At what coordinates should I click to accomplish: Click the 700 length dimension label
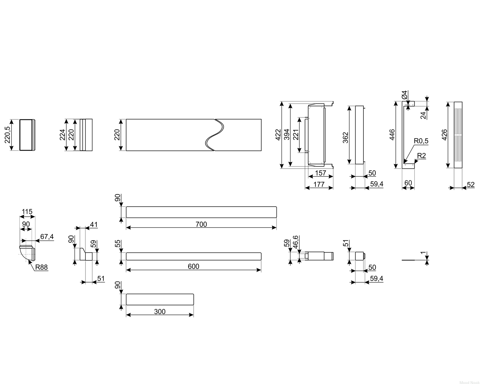tap(201, 224)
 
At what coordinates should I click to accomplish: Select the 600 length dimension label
tap(193, 266)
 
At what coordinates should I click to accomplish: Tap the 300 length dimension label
tap(160, 311)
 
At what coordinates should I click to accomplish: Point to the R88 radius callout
tap(42, 267)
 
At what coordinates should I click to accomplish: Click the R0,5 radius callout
tap(421, 141)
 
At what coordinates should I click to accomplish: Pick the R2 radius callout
tap(421, 156)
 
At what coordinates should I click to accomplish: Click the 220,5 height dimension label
tap(7, 135)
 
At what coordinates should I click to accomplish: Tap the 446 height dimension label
tap(392, 135)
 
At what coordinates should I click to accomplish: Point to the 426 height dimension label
tap(444, 135)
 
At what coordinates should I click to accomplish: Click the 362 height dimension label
tap(345, 138)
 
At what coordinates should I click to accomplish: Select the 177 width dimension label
tap(319, 184)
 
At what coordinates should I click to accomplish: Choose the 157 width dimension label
tap(321, 173)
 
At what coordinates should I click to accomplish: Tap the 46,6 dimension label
tap(296, 242)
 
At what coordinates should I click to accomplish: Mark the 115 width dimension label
tap(27, 211)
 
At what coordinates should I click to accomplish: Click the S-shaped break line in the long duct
tap(215, 135)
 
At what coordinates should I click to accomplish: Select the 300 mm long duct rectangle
tap(160, 300)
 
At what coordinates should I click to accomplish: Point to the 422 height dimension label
tap(278, 135)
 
